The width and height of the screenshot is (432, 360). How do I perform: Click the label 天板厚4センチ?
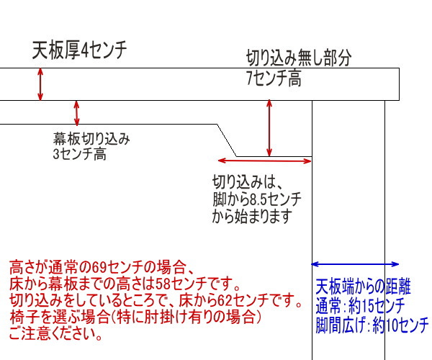click(79, 50)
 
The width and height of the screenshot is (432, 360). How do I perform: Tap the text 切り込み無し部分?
click(299, 58)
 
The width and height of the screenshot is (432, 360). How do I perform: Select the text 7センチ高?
click(274, 78)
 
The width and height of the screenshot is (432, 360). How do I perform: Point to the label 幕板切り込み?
click(91, 139)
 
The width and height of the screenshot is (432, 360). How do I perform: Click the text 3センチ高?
click(79, 153)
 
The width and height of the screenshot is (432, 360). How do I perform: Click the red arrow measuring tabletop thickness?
click(40, 84)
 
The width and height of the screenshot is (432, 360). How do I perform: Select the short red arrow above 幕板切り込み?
click(77, 112)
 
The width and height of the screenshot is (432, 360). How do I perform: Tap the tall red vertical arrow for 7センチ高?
click(269, 128)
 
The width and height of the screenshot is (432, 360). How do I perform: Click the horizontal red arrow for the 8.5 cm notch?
click(264, 161)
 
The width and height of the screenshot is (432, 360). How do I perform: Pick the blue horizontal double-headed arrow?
click(355, 264)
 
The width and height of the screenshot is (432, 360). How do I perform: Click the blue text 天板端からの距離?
click(363, 287)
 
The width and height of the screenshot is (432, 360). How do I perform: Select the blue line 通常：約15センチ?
click(360, 306)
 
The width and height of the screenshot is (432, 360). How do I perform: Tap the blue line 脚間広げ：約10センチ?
click(372, 325)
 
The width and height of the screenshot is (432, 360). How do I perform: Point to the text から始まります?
click(252, 216)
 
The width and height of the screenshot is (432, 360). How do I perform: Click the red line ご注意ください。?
click(56, 333)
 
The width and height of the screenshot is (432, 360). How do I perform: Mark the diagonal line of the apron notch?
click(227, 140)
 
